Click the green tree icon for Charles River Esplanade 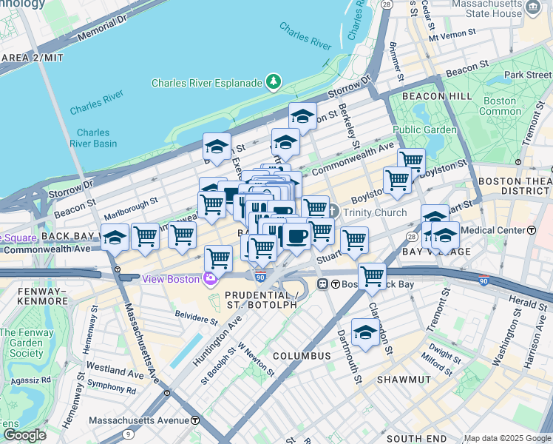[x=274, y=82]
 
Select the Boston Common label [x=500, y=106]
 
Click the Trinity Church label [x=373, y=212]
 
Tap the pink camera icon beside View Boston [x=211, y=278]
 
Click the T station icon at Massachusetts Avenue [x=195, y=420]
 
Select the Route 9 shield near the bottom [x=129, y=434]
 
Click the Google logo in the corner [x=24, y=434]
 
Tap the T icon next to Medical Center [x=532, y=230]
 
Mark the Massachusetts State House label [x=485, y=9]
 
